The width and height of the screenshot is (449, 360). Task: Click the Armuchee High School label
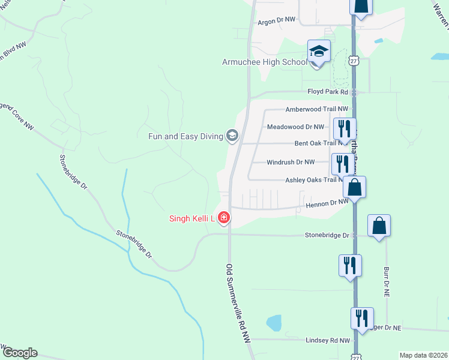(x=264, y=62)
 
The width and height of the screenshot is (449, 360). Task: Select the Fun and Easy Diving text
(x=185, y=136)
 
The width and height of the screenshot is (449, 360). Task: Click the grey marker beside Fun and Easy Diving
(x=232, y=136)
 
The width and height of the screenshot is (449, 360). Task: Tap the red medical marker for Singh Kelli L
(x=224, y=217)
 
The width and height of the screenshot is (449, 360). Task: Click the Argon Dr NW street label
(x=277, y=20)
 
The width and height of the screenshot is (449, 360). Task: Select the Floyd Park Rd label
(x=328, y=92)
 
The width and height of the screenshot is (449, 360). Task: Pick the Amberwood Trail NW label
(x=316, y=109)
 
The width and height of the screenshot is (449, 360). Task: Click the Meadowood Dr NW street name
(x=295, y=127)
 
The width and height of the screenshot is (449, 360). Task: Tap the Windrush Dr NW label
(x=291, y=162)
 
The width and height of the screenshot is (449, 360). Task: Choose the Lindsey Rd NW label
(x=327, y=340)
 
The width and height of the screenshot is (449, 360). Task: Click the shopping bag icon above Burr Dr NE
(x=379, y=226)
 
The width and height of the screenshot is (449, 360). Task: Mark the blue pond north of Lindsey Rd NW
(x=274, y=323)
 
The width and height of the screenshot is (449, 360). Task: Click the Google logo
(x=20, y=353)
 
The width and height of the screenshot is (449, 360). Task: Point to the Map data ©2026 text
(x=423, y=355)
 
